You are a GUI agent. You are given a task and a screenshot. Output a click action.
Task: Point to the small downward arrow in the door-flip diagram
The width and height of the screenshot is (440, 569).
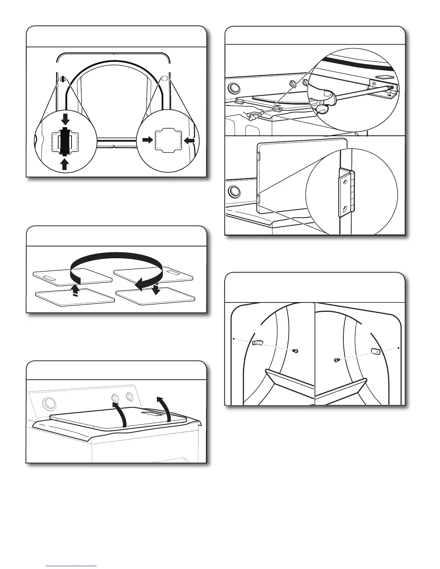[x=156, y=289]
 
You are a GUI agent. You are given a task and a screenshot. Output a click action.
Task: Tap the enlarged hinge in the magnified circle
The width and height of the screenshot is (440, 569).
[x=347, y=194]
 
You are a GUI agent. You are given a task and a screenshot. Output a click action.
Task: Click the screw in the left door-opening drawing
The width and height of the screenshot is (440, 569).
[x=295, y=351]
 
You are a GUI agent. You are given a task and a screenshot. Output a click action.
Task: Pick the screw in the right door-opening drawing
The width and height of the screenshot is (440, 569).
[x=336, y=360]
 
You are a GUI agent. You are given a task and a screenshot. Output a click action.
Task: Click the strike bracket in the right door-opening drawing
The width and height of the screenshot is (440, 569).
[x=375, y=351]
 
